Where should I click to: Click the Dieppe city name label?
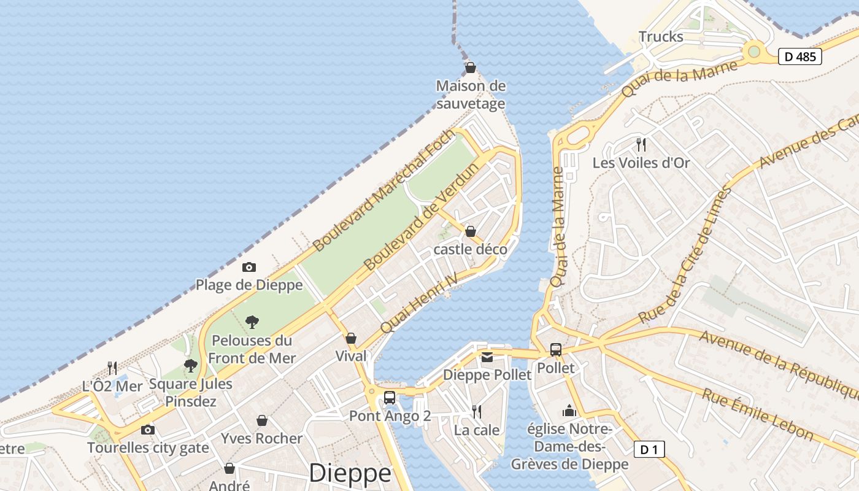350,473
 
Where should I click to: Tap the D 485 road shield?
800,56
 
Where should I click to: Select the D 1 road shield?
649,450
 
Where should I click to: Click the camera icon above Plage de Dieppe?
248,267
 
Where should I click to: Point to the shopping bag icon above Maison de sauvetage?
471,68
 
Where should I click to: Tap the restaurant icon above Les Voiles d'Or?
641,145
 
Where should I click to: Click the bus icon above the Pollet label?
556,350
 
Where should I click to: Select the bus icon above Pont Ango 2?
390,398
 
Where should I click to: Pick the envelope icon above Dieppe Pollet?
487,357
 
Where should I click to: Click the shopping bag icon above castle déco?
471,231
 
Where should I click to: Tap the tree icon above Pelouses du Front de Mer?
252,322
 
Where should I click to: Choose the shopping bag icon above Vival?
351,338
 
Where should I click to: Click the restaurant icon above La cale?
476,412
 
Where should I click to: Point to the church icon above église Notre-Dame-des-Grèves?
569,411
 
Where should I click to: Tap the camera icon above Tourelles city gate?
148,430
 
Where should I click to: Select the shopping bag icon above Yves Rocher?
262,420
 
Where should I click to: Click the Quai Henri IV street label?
419,304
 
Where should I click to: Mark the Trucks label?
661,37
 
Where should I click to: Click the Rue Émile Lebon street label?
757,414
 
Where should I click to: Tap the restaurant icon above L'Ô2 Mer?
112,368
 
